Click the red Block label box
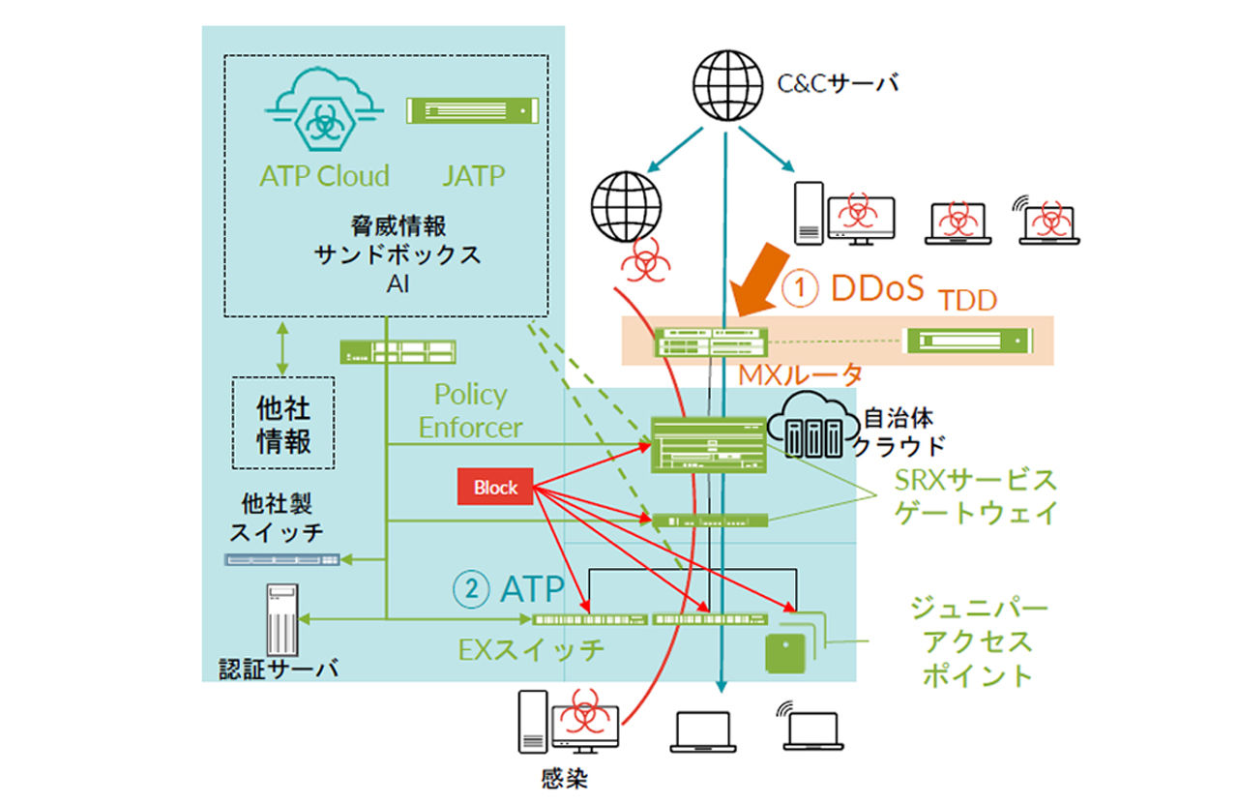click(x=496, y=488)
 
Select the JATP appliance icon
click(x=470, y=109)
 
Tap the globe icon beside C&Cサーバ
click(x=726, y=85)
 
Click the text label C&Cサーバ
click(x=839, y=84)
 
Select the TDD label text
click(x=968, y=301)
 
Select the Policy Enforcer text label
click(x=471, y=410)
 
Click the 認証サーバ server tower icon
click(x=281, y=619)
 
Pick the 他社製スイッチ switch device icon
click(x=282, y=559)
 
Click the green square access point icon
click(x=786, y=652)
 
